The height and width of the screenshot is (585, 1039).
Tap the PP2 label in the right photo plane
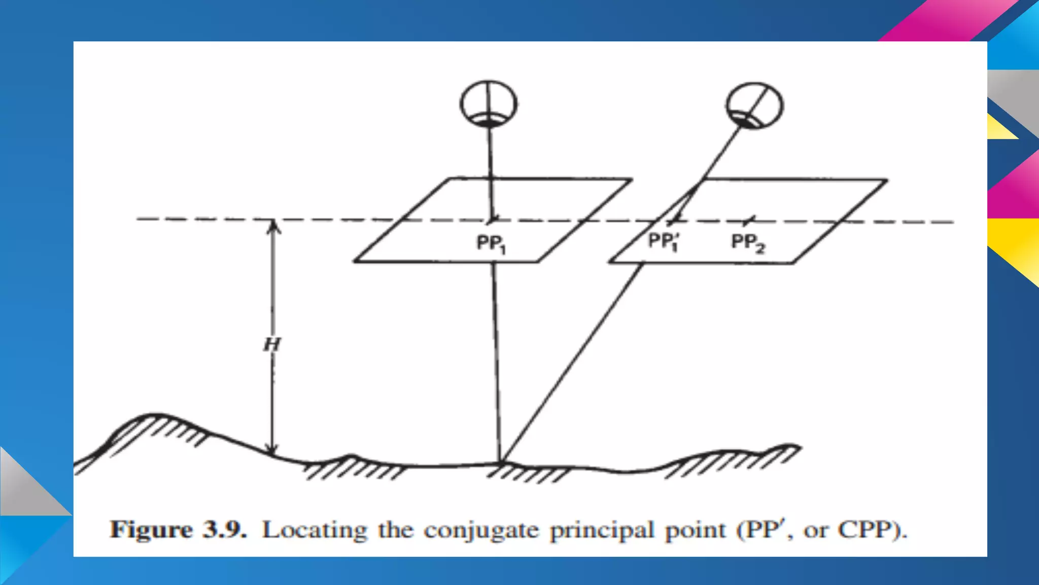[x=748, y=242]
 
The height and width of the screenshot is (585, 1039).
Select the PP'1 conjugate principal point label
[x=665, y=241]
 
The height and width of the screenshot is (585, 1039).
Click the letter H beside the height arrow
[x=272, y=345]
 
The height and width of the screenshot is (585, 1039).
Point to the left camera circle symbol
[x=489, y=104]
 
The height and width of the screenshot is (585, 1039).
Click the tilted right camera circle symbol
[x=754, y=106]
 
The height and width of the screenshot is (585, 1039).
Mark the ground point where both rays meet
[x=501, y=462]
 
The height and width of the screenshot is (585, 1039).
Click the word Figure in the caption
[x=151, y=530]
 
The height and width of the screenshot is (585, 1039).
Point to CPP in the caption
[x=868, y=530]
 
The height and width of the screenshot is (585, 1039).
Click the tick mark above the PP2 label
[x=748, y=221]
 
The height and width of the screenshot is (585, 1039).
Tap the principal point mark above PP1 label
[x=492, y=220]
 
